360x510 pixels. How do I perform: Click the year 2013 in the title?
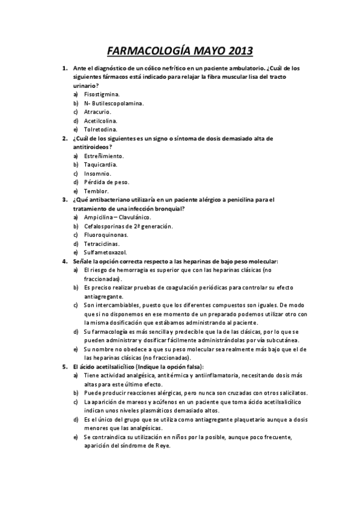click(236, 50)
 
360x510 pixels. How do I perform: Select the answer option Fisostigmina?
click(102, 94)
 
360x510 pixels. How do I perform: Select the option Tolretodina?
click(100, 129)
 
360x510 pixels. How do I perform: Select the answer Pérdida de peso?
click(106, 182)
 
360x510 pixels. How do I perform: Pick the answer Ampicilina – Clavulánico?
click(118, 217)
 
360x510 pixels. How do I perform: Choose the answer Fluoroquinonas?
click(105, 235)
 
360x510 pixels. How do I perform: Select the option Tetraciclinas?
click(102, 244)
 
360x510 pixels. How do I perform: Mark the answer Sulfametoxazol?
click(105, 252)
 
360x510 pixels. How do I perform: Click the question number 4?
click(65, 261)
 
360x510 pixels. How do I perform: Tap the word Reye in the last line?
click(162, 446)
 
